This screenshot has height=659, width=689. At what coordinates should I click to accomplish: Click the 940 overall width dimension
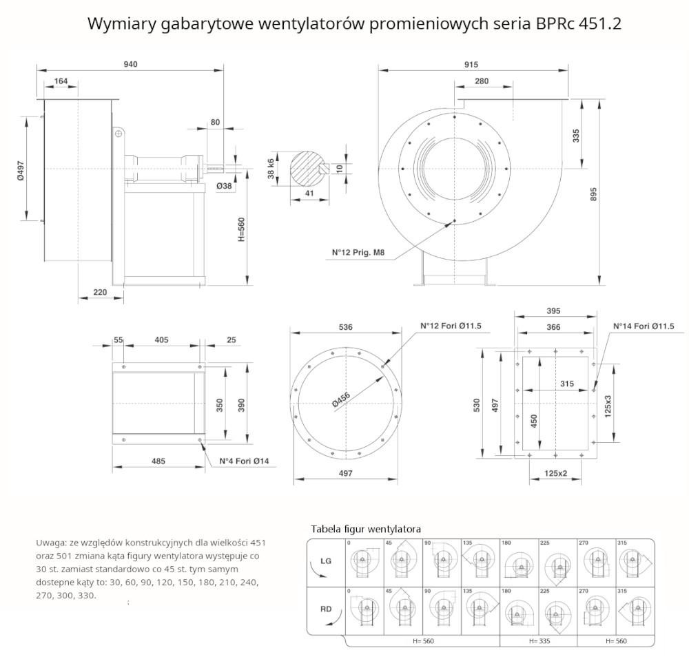click(131, 64)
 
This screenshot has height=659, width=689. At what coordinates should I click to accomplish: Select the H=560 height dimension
click(241, 227)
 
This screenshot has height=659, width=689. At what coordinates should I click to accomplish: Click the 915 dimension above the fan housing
click(471, 64)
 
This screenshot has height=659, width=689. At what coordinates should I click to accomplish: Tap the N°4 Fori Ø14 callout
click(244, 461)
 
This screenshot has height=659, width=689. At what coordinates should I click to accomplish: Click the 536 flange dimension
click(346, 327)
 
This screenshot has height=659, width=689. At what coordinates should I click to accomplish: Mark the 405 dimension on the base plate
click(162, 339)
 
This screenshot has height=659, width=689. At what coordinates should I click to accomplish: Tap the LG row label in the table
click(326, 561)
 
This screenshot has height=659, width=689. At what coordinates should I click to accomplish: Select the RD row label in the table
click(326, 609)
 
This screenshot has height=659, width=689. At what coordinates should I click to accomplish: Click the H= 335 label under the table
click(539, 641)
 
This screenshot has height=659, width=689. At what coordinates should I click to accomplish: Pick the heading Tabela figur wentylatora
click(366, 529)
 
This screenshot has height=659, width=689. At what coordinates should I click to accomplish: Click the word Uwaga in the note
click(50, 543)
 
